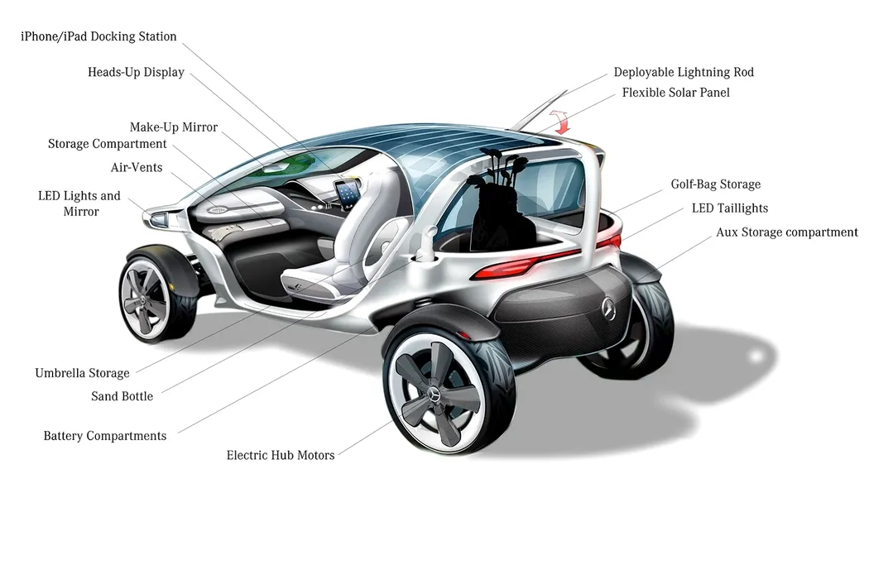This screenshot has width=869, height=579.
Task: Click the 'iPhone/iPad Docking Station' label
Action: pyautogui.click(x=98, y=36)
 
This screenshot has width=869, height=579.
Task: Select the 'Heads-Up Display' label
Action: pyautogui.click(x=136, y=72)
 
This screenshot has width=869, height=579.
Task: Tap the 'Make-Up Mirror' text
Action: pyautogui.click(x=174, y=127)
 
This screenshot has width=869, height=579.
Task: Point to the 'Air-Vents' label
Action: pyautogui.click(x=137, y=167)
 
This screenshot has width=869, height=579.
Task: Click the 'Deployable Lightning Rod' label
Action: pyautogui.click(x=684, y=72)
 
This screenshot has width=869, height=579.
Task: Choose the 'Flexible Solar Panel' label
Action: pyautogui.click(x=675, y=93)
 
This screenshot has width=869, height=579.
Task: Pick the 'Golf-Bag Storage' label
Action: pyautogui.click(x=715, y=184)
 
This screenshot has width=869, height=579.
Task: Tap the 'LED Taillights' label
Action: pyautogui.click(x=729, y=208)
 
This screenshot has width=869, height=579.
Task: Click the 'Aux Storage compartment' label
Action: pyautogui.click(x=786, y=232)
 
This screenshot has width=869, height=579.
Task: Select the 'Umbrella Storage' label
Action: pyautogui.click(x=82, y=373)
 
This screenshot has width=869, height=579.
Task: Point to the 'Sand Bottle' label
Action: pyautogui.click(x=122, y=396)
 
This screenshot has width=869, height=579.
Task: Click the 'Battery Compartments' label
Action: pyautogui.click(x=105, y=436)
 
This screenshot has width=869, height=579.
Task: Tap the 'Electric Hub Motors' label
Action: pyautogui.click(x=281, y=455)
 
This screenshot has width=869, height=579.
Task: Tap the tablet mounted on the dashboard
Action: pyautogui.click(x=347, y=192)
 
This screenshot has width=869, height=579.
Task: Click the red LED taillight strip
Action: pyautogui.click(x=530, y=262)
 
